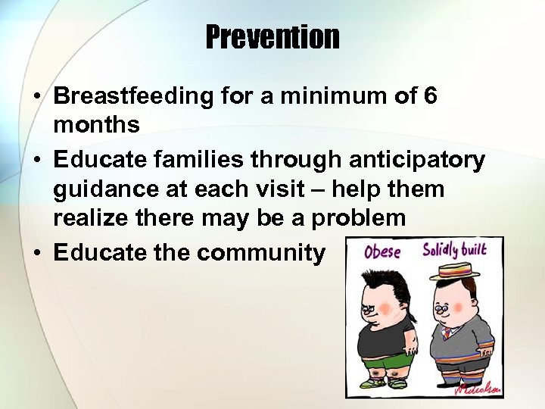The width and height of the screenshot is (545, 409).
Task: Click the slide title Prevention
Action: tap(272, 36)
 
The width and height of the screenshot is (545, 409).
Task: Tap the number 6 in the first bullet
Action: tap(429, 97)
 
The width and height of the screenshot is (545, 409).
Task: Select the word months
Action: tap(96, 124)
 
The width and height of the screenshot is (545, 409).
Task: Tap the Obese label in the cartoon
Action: tap(382, 252)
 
